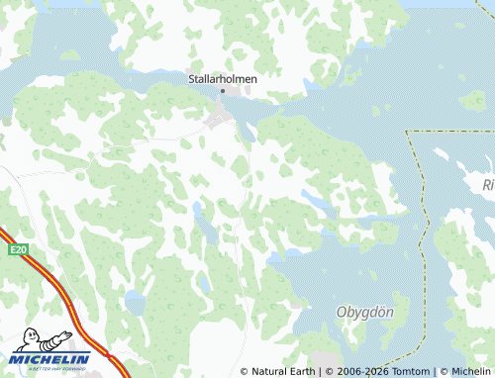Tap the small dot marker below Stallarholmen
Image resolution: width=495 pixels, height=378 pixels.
(x=223, y=91)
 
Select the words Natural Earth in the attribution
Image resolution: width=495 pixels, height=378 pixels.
(x=282, y=371)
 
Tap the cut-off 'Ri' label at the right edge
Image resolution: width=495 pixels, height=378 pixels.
(x=487, y=185)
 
